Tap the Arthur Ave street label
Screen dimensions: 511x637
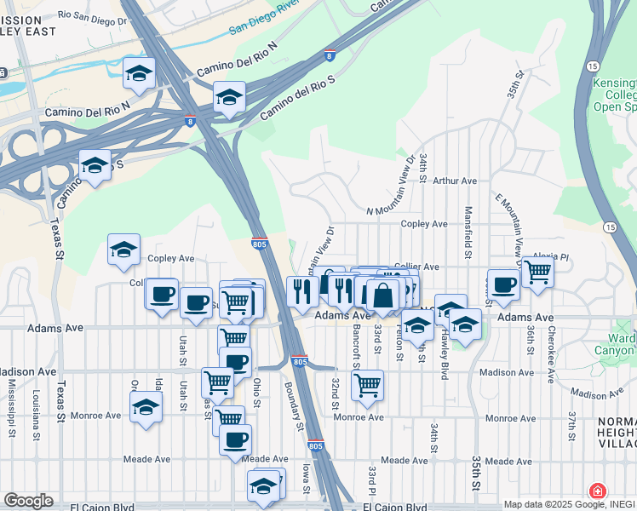click(455, 181)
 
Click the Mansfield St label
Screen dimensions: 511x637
click(468, 233)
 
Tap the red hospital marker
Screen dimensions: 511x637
click(598, 492)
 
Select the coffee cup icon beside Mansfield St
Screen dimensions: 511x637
click(503, 285)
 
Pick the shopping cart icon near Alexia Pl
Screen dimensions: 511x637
click(537, 273)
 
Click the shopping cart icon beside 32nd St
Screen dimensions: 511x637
click(367, 385)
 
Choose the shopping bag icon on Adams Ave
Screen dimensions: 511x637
click(383, 296)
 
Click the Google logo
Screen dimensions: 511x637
click(27, 501)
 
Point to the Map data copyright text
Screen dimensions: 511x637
click(569, 504)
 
